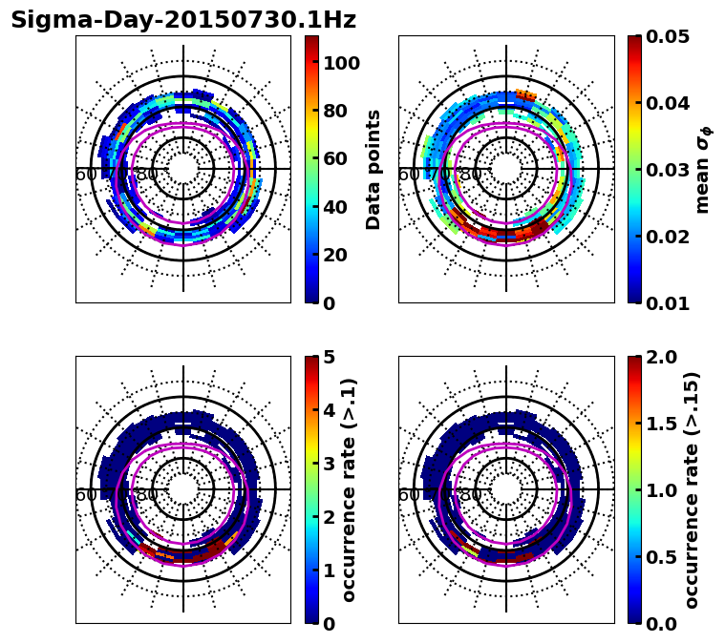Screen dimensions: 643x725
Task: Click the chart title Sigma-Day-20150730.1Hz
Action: coord(183,20)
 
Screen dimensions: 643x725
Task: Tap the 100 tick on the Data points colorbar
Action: coord(340,63)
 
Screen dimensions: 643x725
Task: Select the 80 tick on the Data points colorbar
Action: coord(335,111)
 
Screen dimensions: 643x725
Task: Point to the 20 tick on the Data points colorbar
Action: coord(335,255)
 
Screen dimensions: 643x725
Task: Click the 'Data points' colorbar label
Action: coord(373,169)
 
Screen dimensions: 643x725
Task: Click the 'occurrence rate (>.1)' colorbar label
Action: coord(350,489)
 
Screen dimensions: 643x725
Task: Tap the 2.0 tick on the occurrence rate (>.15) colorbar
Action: coord(659,357)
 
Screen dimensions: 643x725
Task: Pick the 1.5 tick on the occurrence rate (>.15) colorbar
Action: coord(659,424)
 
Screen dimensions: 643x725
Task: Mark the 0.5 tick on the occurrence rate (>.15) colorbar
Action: coord(659,557)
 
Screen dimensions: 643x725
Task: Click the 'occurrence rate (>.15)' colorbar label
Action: coord(693,489)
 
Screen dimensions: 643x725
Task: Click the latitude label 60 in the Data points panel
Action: coord(85,175)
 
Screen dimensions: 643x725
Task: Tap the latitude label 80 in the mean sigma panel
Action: coord(470,175)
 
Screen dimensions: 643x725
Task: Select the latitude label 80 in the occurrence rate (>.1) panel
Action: coord(147,495)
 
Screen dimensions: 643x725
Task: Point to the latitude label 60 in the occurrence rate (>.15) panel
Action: coord(408,495)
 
